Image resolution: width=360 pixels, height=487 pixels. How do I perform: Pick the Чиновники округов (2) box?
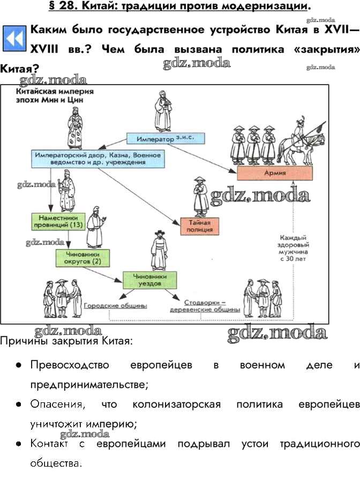(79, 258)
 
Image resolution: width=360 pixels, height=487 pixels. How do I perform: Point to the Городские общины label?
(116, 305)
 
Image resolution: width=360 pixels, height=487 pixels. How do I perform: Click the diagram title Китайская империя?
(51, 92)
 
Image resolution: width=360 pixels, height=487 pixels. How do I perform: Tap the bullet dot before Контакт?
(19, 444)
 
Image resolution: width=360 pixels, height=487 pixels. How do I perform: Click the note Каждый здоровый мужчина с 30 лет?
(292, 247)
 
